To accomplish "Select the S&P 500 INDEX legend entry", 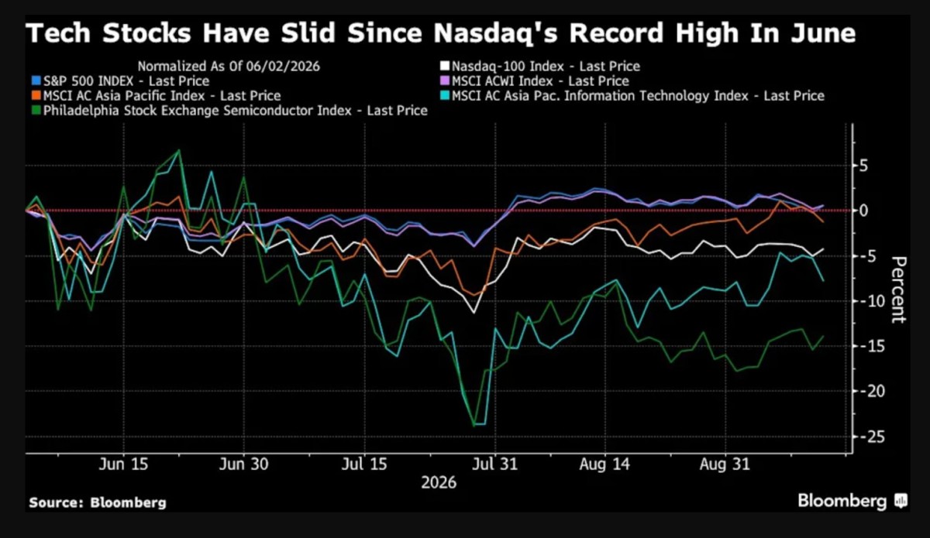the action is [x=121, y=81].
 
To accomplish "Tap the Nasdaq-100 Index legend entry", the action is [x=540, y=67].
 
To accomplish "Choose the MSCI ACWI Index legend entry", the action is [x=535, y=81].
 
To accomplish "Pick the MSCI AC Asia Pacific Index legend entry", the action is [x=157, y=96].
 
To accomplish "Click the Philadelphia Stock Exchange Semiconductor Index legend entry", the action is [x=230, y=111].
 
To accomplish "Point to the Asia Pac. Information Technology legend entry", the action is [x=632, y=96].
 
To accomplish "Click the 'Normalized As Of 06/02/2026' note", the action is [x=229, y=67].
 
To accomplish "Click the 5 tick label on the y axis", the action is [x=864, y=166].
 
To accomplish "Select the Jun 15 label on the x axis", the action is [x=123, y=464].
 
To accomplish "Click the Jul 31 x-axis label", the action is [x=495, y=464].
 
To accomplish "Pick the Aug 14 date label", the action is [x=604, y=464].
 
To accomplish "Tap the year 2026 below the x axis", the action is [x=439, y=482].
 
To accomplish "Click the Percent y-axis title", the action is [x=898, y=289].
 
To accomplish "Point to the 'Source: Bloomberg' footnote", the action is [x=98, y=502].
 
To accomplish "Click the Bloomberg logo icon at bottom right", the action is [x=901, y=501].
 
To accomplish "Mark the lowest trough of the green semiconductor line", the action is [x=474, y=426].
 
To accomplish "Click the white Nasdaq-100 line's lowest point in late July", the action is [x=474, y=312].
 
